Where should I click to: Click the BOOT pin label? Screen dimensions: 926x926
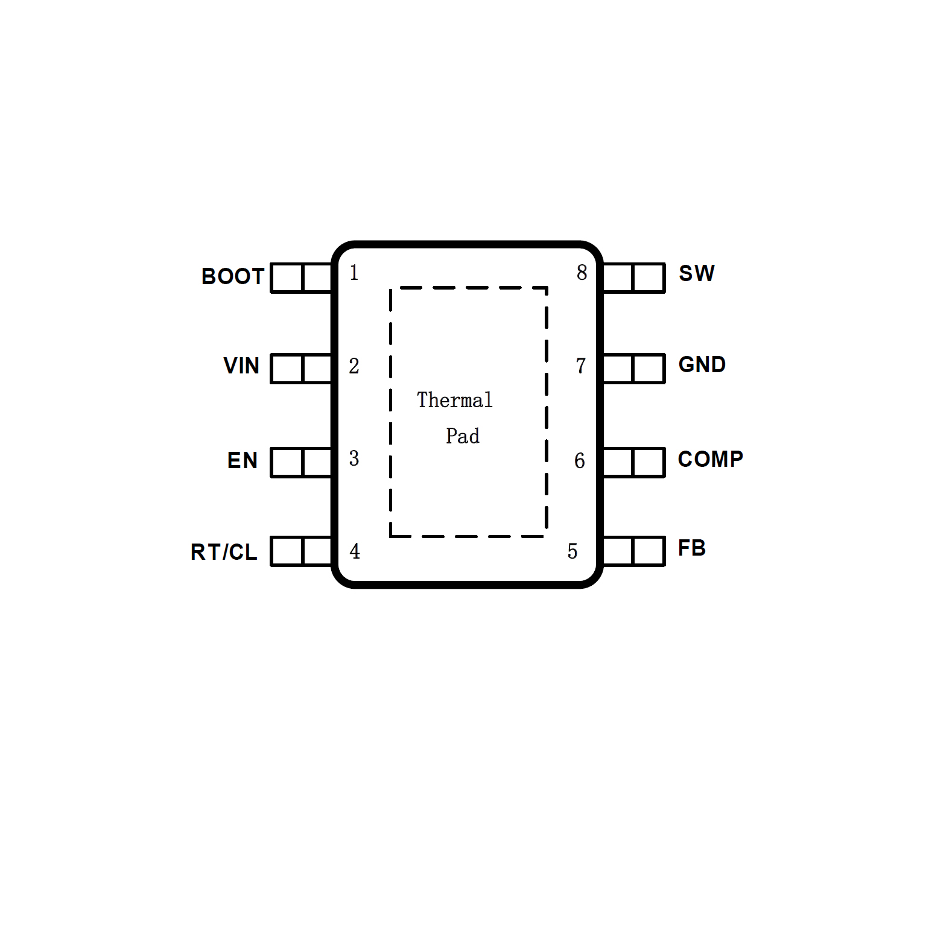233,276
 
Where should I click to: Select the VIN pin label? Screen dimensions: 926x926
241,366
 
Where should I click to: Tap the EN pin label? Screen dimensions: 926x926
243,460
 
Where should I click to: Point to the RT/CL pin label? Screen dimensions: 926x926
224,552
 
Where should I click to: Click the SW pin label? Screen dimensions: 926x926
697,273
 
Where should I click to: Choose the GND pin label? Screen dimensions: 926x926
702,364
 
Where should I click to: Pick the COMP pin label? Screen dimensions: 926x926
711,459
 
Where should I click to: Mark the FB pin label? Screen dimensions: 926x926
692,548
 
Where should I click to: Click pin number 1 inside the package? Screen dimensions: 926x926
354,273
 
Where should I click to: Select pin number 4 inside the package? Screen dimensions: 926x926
355,551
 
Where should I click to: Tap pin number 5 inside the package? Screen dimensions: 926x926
572,551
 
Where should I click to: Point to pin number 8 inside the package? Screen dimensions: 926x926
582,273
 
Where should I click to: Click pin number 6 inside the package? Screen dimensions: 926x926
580,461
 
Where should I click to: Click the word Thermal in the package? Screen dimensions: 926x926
455,400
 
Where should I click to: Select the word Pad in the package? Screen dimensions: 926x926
463,436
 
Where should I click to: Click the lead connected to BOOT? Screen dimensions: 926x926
302,278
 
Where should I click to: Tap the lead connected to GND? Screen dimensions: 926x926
633,369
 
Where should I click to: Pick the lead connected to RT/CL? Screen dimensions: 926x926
302,551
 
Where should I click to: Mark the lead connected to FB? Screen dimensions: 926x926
633,551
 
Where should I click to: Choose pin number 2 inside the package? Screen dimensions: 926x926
354,366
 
